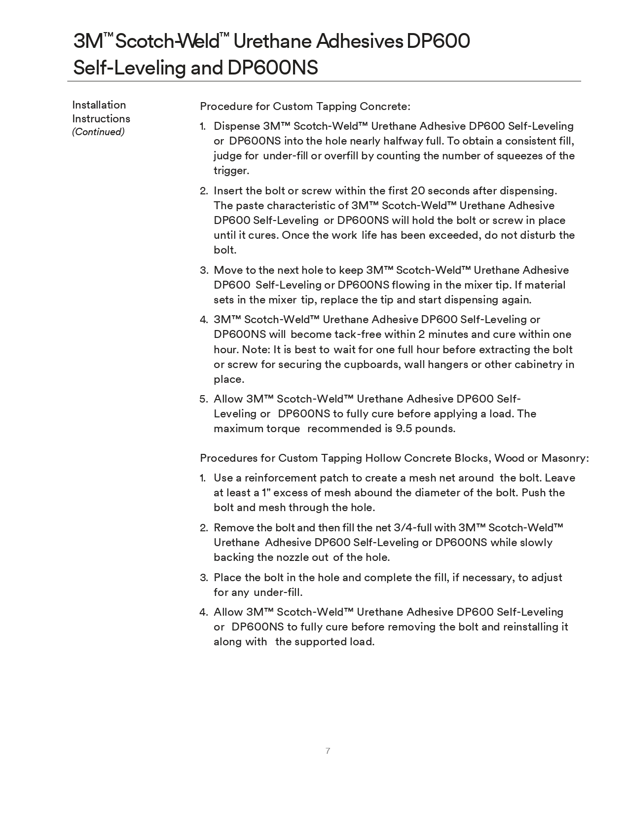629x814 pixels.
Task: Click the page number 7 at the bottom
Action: (x=328, y=751)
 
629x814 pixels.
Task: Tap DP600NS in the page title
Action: (x=272, y=68)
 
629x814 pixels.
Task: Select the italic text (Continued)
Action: (x=98, y=132)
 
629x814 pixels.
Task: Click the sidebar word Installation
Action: (x=99, y=105)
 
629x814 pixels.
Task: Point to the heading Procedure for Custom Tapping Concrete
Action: (x=305, y=107)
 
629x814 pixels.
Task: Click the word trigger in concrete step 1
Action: (x=230, y=171)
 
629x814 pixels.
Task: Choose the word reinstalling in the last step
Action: (x=531, y=627)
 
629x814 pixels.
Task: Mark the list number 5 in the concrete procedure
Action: (x=204, y=399)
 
